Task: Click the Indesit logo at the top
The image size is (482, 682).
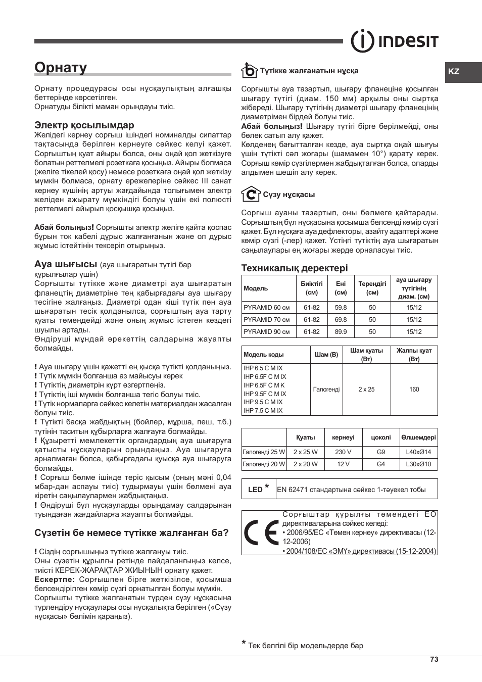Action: pyautogui.click(x=395, y=41)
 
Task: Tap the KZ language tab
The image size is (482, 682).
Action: pyautogui.click(x=454, y=72)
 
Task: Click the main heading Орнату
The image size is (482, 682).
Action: pyautogui.click(x=61, y=68)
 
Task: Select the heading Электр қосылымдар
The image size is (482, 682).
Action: pyautogui.click(x=84, y=125)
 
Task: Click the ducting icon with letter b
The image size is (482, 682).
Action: pyautogui.click(x=249, y=70)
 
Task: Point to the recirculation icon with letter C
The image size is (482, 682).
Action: pyautogui.click(x=250, y=194)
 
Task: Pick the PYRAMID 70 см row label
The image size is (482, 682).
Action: pyautogui.click(x=267, y=320)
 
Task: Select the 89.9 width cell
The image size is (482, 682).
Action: pyautogui.click(x=341, y=332)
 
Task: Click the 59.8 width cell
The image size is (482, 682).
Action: pyautogui.click(x=341, y=308)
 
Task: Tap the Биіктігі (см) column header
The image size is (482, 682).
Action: pyautogui.click(x=312, y=288)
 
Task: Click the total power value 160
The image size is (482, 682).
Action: pyautogui.click(x=414, y=389)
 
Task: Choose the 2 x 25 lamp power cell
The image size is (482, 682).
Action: pyautogui.click(x=367, y=389)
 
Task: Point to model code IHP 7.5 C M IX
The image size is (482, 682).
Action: pyautogui.click(x=263, y=411)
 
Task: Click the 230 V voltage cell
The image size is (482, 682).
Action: pyautogui.click(x=343, y=452)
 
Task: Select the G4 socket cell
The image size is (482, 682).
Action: pyautogui.click(x=381, y=464)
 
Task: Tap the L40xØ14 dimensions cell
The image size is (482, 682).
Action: pyautogui.click(x=419, y=452)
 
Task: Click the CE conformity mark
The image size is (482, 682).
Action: pyautogui.click(x=260, y=533)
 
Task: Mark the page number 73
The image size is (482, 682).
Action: pyautogui.click(x=434, y=660)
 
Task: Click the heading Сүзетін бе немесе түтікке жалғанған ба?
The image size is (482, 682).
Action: pyautogui.click(x=131, y=533)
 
